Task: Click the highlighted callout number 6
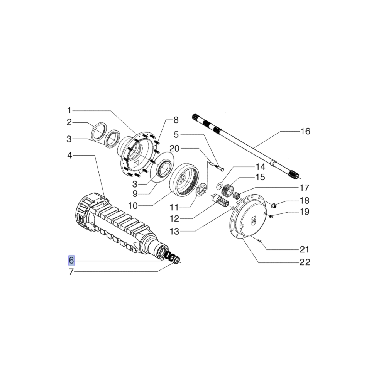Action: point(71,261)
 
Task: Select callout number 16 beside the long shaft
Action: point(305,131)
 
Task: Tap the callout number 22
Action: point(305,262)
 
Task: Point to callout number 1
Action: point(69,110)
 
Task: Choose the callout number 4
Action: point(69,155)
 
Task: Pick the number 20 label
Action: point(174,149)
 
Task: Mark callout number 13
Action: point(174,231)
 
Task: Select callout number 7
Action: point(71,272)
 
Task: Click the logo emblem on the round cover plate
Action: point(253,219)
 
